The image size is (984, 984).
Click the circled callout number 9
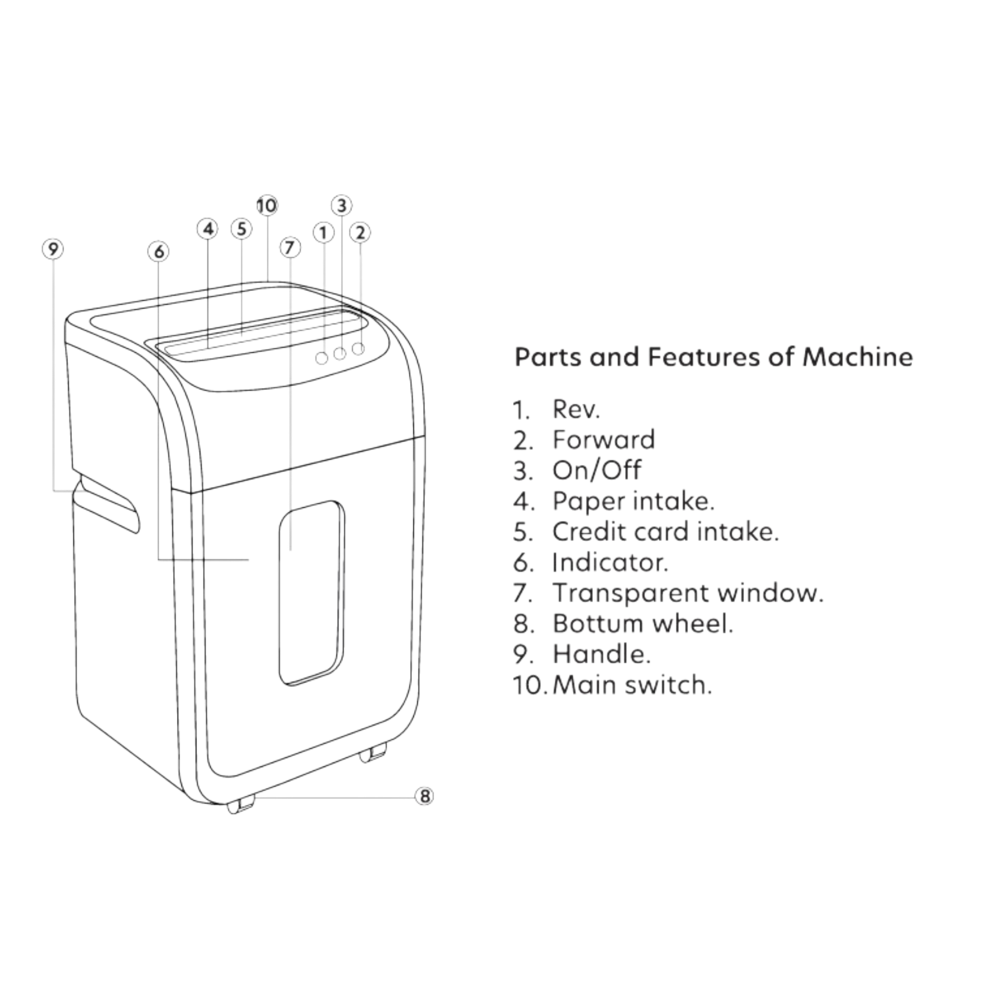pos(53,249)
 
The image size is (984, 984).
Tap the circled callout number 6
pos(159,251)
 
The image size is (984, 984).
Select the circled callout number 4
pos(208,229)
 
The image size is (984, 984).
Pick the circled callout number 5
pos(242,229)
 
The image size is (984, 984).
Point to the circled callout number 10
pos(266,206)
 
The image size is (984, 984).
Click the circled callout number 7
pos(290,248)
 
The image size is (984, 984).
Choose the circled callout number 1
pos(323,233)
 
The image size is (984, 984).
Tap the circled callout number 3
pos(341,206)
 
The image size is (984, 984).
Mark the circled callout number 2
pos(360,233)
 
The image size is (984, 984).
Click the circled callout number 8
pos(424,796)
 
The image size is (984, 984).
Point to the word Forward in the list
pos(604,439)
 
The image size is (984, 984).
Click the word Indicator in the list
pos(610,562)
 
